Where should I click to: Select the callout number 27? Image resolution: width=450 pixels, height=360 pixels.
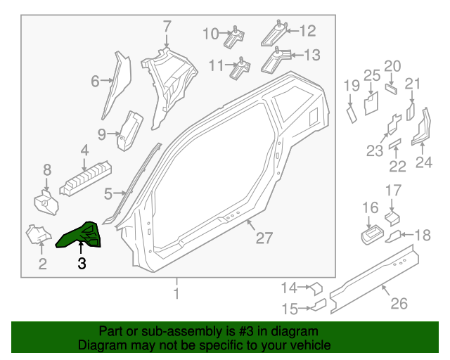[x=263, y=238]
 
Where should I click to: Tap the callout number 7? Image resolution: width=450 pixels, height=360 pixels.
[x=167, y=27]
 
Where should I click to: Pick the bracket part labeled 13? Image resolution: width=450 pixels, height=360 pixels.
[x=275, y=61]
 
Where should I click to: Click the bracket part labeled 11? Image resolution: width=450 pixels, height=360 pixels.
[x=242, y=69]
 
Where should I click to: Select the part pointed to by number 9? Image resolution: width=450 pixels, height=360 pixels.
[x=129, y=130]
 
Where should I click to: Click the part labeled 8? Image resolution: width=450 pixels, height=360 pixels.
[x=46, y=202]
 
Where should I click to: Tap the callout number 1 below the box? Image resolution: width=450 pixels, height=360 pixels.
[x=176, y=292]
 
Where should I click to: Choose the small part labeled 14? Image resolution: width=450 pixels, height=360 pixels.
[x=316, y=287]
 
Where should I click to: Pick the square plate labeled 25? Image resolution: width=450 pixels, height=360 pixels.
[x=370, y=103]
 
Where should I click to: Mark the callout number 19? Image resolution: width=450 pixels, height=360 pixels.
[x=351, y=86]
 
